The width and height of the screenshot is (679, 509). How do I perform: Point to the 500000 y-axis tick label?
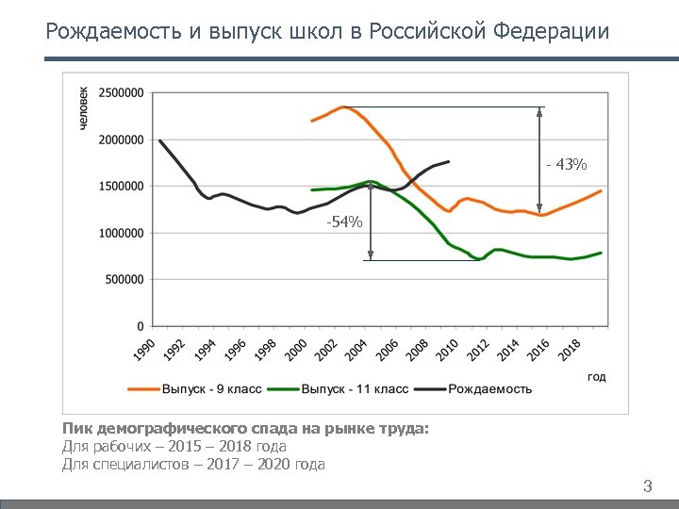[x=124, y=280]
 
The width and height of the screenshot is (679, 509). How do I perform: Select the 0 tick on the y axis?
[x=141, y=326]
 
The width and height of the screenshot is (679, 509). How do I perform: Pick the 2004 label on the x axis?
[x=356, y=350]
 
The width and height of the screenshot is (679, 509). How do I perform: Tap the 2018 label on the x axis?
[x=569, y=350]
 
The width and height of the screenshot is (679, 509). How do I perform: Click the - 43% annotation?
[x=566, y=165]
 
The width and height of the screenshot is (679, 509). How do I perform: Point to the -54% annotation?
[x=343, y=222]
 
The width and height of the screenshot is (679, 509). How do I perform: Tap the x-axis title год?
[x=596, y=376]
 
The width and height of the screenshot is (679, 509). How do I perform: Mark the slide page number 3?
[x=647, y=486]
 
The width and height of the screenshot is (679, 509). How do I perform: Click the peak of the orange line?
[x=343, y=107]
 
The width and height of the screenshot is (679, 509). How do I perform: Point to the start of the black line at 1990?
[x=160, y=141]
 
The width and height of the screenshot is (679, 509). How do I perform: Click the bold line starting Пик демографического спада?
[x=245, y=430]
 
